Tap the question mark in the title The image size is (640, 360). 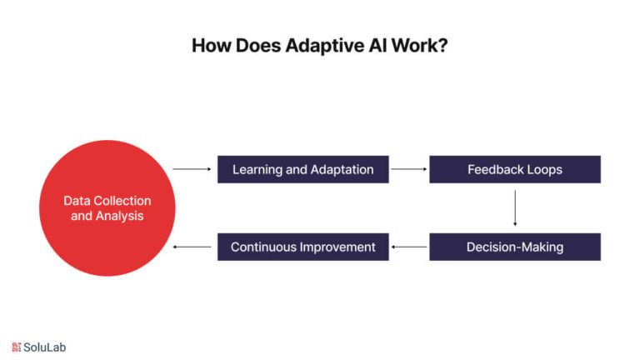pyautogui.click(x=442, y=45)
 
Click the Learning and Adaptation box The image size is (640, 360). pyautogui.click(x=302, y=169)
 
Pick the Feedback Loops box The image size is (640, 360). pyautogui.click(x=515, y=169)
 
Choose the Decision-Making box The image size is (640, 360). pyautogui.click(x=515, y=247)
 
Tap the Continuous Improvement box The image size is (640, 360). pyautogui.click(x=302, y=247)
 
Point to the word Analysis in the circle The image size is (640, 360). pyautogui.click(x=120, y=216)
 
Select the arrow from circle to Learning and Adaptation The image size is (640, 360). pyautogui.click(x=192, y=169)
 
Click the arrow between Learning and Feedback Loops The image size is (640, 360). pyautogui.click(x=408, y=169)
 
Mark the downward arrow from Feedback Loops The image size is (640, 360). pyautogui.click(x=515, y=207)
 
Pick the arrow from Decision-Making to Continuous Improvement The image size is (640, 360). pyautogui.click(x=409, y=247)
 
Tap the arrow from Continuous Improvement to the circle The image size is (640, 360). pyautogui.click(x=192, y=247)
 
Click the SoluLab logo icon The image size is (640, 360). pyautogui.click(x=17, y=347)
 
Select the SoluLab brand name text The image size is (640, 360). pyautogui.click(x=44, y=347)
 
